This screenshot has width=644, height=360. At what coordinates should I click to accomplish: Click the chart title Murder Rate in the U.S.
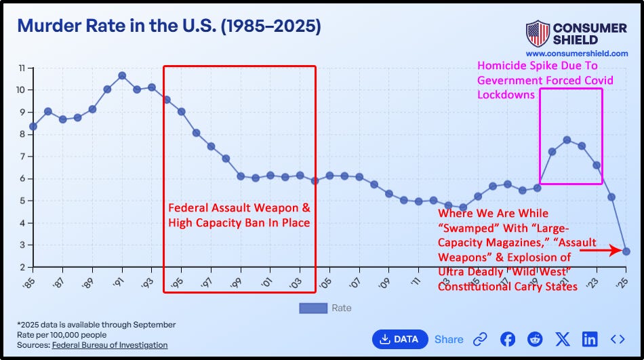(x=169, y=26)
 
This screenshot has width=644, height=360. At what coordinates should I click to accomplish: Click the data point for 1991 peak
(x=122, y=75)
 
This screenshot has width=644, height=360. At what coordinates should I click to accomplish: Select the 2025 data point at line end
(x=626, y=252)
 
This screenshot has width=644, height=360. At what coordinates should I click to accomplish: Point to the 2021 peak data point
(x=567, y=140)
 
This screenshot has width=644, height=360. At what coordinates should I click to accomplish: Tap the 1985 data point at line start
(x=33, y=126)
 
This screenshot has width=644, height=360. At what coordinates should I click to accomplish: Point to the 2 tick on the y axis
(x=22, y=267)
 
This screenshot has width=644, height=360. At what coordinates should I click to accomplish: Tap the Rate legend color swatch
(x=313, y=308)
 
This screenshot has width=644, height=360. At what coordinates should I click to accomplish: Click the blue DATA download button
(x=400, y=339)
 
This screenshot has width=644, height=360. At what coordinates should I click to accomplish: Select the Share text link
(x=449, y=339)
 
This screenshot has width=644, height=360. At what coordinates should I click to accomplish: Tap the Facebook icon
(x=508, y=339)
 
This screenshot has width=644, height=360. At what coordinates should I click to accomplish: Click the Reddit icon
(x=535, y=339)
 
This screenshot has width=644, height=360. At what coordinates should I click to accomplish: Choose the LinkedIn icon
(x=589, y=339)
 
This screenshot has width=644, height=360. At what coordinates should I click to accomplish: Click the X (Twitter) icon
(x=562, y=339)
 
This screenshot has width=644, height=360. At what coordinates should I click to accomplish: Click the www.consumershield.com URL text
(x=576, y=53)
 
